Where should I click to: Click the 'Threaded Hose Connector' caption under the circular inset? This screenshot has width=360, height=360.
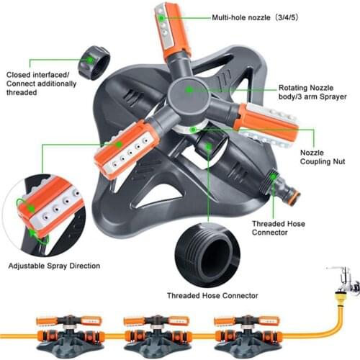[212, 295]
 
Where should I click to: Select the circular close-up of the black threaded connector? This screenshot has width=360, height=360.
[212, 252]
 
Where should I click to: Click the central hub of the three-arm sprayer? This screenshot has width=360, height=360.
[189, 91]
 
